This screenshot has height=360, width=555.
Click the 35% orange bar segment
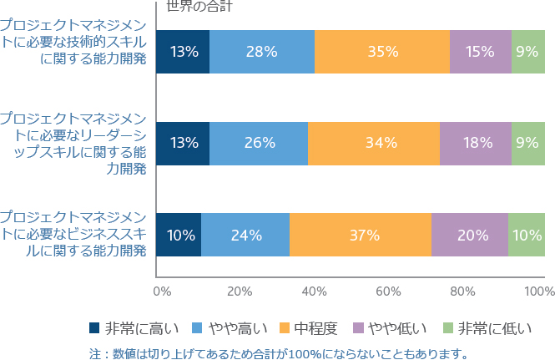tap(382, 52)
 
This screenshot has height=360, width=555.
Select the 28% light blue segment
tap(262, 52)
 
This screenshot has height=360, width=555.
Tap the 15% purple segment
tap(481, 52)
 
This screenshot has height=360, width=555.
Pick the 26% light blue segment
tap(259, 144)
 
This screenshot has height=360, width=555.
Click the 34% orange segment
tap(374, 144)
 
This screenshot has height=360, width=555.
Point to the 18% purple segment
tap(476, 144)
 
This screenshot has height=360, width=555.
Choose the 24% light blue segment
tap(245, 235)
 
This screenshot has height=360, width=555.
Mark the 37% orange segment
tap(361, 235)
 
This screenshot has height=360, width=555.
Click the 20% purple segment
tap(470, 235)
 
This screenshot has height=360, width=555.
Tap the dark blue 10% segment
tap(179, 235)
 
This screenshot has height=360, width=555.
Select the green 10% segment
tap(527, 235)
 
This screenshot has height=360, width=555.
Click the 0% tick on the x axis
tap(162, 292)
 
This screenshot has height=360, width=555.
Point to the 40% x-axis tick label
tap(314, 292)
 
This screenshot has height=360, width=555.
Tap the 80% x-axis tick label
tap(462, 292)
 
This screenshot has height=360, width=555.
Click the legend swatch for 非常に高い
tap(94, 327)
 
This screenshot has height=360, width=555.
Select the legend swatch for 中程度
tap(285, 327)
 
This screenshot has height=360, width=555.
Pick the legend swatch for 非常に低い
tap(448, 327)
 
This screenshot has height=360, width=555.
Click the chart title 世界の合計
tap(199, 6)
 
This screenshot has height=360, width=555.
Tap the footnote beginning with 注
tap(279, 353)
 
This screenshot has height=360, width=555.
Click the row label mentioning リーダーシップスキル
tap(73, 144)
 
